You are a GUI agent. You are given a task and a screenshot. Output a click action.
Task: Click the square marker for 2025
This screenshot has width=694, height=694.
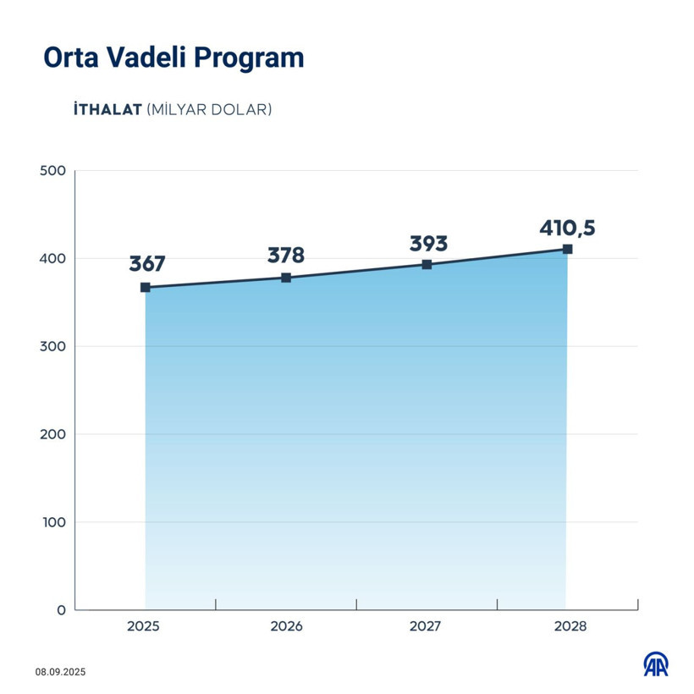tap(146, 288)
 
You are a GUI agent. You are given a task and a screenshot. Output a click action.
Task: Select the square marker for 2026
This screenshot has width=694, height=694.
tap(286, 278)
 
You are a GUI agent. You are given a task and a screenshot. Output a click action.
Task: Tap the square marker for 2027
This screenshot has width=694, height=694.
tap(427, 265)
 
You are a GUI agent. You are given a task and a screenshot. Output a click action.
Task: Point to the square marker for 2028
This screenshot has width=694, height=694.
tap(567, 249)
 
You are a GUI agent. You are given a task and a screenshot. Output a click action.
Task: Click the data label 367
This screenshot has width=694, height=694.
tap(146, 263)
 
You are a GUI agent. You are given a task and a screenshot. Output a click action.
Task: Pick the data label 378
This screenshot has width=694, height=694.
tap(286, 255)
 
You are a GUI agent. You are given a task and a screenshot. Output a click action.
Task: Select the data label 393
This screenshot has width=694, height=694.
tap(428, 244)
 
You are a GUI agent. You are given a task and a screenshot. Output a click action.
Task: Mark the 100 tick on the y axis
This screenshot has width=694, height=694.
tap(53, 522)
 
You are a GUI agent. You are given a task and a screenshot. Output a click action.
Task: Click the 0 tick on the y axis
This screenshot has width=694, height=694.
tap(61, 610)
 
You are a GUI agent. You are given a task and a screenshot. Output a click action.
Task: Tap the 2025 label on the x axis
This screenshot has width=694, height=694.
tap(144, 627)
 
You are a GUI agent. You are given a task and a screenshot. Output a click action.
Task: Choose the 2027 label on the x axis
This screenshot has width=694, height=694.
tap(425, 627)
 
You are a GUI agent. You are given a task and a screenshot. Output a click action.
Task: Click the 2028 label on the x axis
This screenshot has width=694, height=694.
tap(567, 627)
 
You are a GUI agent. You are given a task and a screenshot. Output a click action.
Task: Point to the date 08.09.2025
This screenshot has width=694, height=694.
tap(61, 672)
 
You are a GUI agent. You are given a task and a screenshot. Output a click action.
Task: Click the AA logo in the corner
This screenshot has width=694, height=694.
tap(655, 664)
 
